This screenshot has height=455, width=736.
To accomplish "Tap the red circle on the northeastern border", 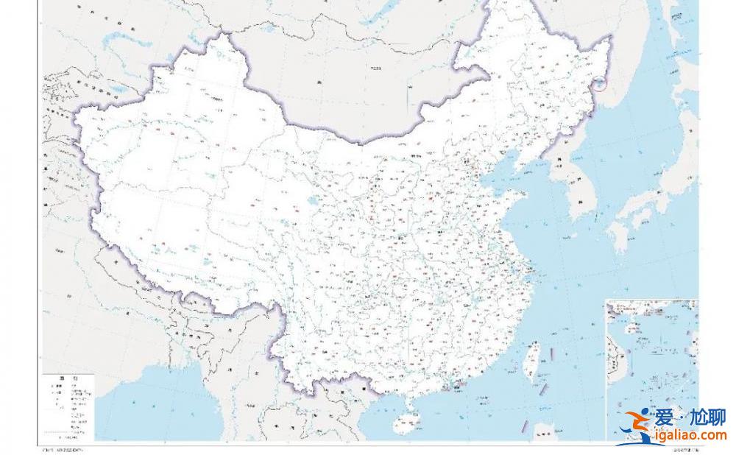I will pyautogui.click(x=602, y=82).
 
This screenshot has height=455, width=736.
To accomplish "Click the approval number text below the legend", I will pyautogui.click(x=62, y=449).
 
